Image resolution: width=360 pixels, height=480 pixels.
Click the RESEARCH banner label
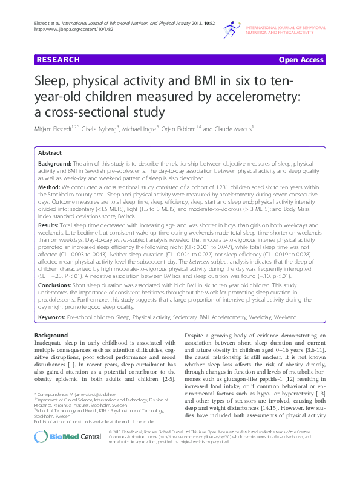click(x=58, y=60)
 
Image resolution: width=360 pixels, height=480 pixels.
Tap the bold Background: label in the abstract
click(x=55, y=163)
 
